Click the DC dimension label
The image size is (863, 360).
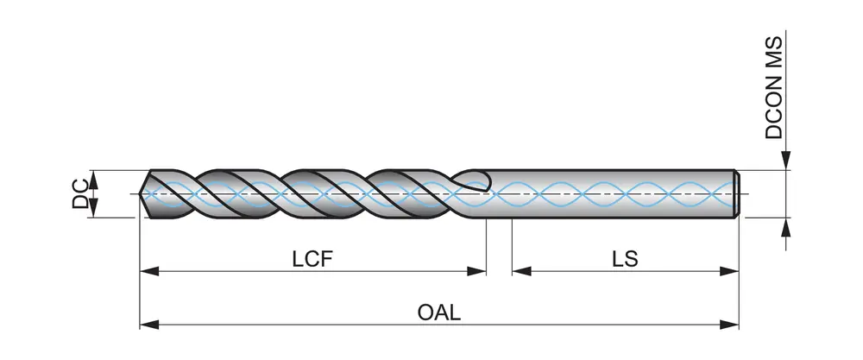pos(79,193)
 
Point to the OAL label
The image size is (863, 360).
pos(439,312)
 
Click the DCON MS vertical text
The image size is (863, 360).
pos(774,87)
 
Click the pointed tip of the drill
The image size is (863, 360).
pos(142,193)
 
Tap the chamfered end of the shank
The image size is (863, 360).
pos(738,193)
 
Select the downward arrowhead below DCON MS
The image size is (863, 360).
pos(785,161)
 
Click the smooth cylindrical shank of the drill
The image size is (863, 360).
pos(613,193)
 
